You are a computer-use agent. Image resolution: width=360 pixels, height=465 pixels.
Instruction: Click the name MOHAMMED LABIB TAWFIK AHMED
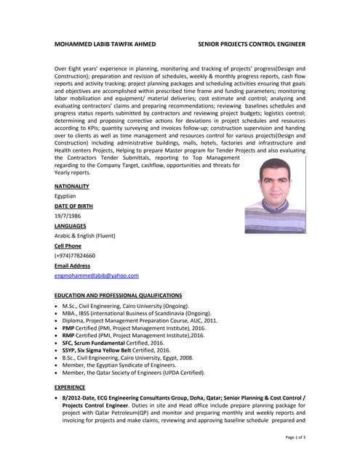click(105, 44)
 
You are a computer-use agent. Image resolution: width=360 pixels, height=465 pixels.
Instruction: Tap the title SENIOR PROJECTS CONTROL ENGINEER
click(252, 44)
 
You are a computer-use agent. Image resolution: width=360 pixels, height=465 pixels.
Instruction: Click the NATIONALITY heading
click(71, 186)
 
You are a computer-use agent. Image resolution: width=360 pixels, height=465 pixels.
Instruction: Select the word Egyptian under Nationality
click(65, 196)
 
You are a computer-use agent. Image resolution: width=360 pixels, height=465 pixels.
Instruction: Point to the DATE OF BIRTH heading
click(73, 206)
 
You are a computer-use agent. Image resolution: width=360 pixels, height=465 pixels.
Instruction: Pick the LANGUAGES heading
click(71, 226)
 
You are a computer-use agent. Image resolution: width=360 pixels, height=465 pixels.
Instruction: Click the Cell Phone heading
click(68, 246)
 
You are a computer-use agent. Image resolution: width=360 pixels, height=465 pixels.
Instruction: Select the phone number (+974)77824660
click(75, 256)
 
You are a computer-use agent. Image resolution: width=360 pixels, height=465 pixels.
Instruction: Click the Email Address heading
click(72, 266)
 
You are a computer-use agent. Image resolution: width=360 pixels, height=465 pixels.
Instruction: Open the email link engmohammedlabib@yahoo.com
click(96, 276)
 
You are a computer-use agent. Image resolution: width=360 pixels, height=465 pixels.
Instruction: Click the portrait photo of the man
click(275, 197)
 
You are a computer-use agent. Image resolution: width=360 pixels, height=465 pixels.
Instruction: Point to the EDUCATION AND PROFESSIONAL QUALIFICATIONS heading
click(118, 296)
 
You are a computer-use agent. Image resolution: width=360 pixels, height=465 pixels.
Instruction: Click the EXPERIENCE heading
click(70, 387)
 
